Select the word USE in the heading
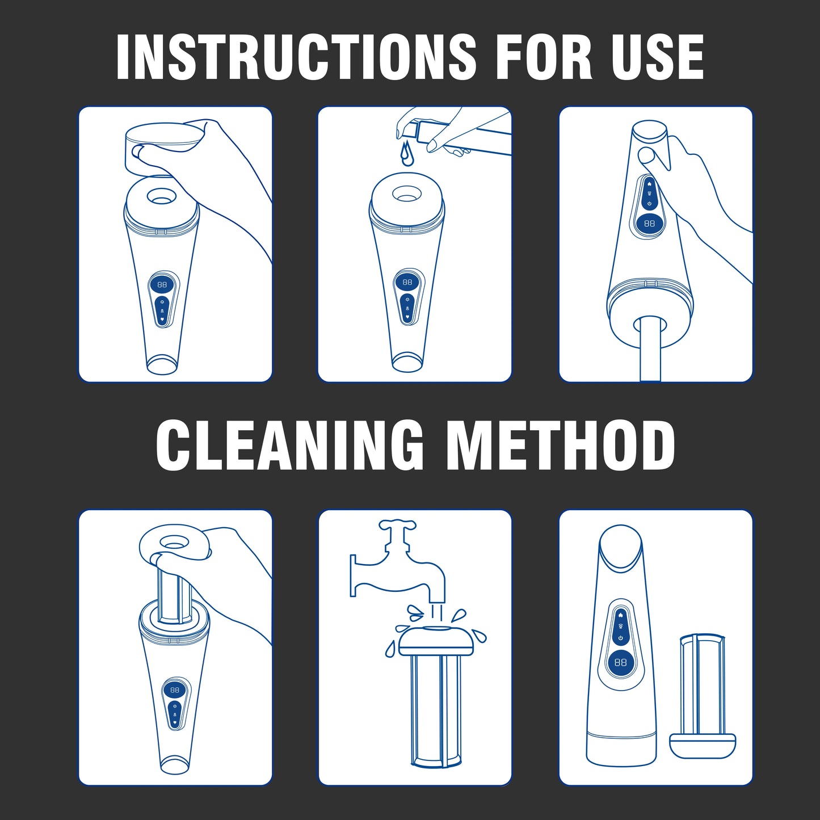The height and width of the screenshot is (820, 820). (x=657, y=57)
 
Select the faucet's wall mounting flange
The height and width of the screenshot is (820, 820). (x=353, y=575)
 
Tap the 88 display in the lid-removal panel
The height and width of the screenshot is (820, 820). (x=162, y=284)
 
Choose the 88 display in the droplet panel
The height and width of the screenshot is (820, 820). (x=407, y=282)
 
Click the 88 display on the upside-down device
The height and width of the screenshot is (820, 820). (x=649, y=224)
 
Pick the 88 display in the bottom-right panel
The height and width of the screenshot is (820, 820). (x=620, y=662)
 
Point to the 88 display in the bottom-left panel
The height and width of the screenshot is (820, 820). (x=175, y=690)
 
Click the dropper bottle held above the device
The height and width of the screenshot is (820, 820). (x=431, y=133)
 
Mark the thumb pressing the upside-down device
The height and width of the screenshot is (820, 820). (x=647, y=155)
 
